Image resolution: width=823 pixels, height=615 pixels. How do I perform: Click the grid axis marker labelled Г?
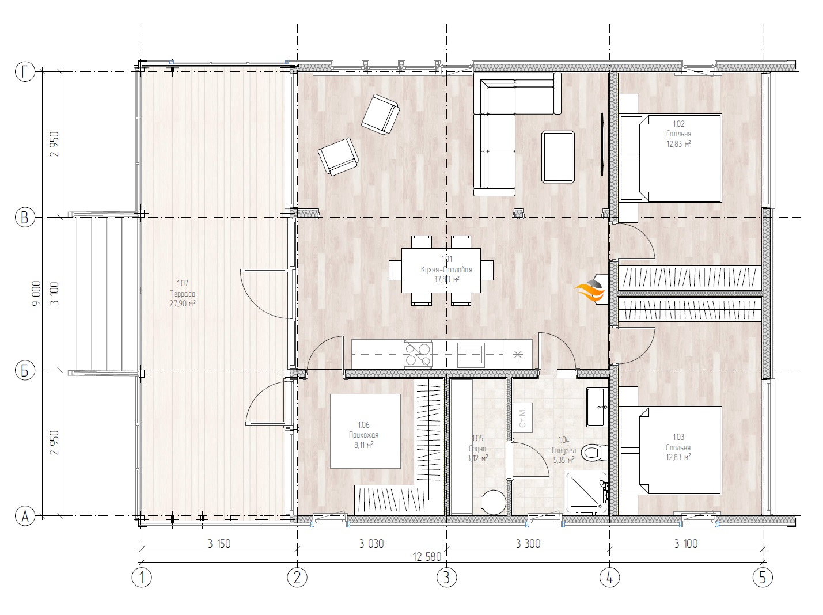(25, 71)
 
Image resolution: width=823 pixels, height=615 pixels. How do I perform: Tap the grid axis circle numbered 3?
(446, 578)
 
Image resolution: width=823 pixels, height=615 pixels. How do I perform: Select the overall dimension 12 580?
(427, 557)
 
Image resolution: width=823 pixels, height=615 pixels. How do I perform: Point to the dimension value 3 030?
(371, 544)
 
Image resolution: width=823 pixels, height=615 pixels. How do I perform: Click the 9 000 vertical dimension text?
(36, 294)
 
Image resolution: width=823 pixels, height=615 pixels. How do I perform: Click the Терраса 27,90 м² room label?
(182, 294)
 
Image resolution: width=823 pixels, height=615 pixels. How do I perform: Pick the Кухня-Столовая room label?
(446, 269)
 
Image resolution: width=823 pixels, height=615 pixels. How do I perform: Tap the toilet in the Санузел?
(594, 453)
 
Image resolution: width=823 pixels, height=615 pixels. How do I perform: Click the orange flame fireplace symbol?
(590, 290)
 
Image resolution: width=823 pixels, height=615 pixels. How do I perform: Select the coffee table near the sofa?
(558, 157)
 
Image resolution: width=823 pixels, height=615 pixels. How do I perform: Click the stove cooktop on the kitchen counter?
(418, 354)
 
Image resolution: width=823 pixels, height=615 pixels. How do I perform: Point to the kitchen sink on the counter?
(471, 354)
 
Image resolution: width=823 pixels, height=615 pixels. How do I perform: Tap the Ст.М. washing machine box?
(523, 418)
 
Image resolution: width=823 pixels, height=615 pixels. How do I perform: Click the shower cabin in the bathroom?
(586, 493)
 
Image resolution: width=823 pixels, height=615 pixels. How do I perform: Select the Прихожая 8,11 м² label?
(363, 435)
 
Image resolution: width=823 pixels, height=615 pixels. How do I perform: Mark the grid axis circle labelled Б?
(25, 370)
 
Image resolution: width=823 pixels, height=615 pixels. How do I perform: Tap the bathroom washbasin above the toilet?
(597, 407)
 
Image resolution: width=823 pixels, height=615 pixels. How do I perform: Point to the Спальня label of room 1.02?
(678, 134)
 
